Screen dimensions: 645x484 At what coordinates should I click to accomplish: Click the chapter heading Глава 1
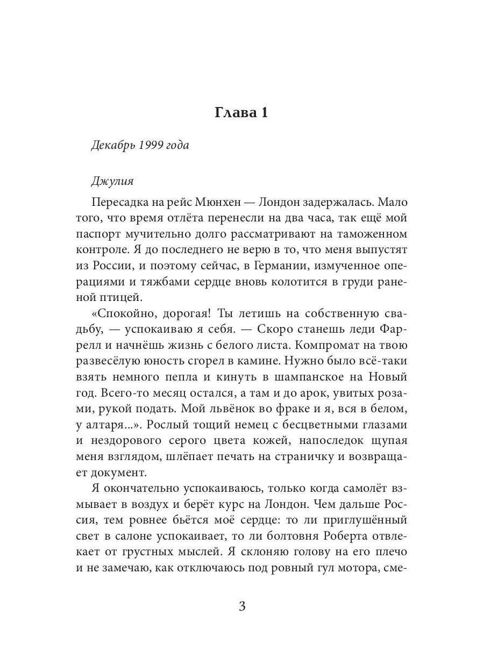(241, 113)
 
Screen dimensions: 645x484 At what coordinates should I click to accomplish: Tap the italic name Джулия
(112, 181)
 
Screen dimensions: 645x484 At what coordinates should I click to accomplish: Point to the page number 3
(241, 606)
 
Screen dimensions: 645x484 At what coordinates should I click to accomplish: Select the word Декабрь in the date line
(112, 146)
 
